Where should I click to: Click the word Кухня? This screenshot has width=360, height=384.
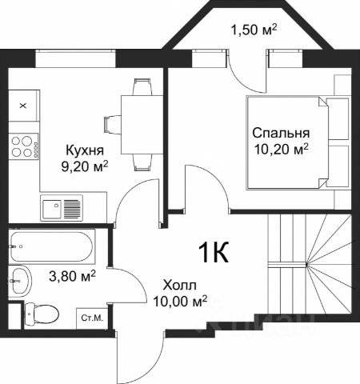(x=85, y=150)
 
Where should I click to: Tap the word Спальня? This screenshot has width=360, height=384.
(x=281, y=134)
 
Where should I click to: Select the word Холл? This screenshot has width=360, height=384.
(x=180, y=286)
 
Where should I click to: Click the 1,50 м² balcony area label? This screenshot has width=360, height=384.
(x=254, y=29)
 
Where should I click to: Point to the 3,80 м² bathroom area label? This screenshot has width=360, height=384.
(x=72, y=275)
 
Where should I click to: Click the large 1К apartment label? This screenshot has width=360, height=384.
(x=214, y=252)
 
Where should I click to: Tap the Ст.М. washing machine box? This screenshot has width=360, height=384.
(x=92, y=318)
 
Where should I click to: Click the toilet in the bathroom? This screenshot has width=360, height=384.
(x=42, y=314)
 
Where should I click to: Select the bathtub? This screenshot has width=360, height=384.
(x=52, y=246)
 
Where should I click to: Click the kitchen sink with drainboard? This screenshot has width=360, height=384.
(x=62, y=208)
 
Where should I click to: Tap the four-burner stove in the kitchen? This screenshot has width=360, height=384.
(x=24, y=146)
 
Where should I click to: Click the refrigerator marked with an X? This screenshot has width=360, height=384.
(x=24, y=106)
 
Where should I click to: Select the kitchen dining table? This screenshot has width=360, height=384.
(x=142, y=125)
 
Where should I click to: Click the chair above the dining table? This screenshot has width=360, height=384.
(x=143, y=86)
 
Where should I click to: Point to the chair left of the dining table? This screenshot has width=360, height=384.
(x=113, y=124)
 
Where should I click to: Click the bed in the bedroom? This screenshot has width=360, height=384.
(x=298, y=143)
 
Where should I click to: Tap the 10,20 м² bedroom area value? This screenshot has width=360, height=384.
(x=282, y=150)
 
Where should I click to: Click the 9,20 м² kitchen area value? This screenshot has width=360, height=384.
(x=85, y=166)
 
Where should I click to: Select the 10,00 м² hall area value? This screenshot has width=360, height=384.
(x=180, y=301)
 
